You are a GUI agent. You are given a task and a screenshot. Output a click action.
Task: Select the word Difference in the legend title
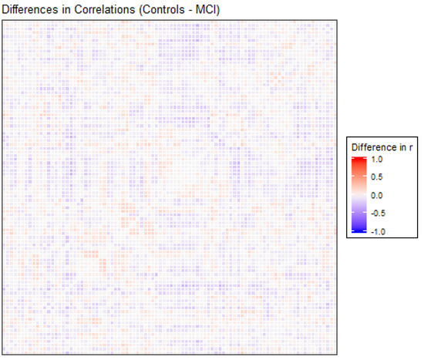click(x=374, y=146)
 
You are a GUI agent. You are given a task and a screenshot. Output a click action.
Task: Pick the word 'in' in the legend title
click(x=402, y=146)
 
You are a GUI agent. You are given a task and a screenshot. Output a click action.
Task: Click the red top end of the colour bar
click(x=358, y=160)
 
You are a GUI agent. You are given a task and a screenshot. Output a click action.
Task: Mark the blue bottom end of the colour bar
click(x=358, y=230)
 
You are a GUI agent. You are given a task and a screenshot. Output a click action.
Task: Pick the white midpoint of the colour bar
click(x=358, y=195)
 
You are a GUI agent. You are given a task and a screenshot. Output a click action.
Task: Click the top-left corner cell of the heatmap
click(x=6, y=24)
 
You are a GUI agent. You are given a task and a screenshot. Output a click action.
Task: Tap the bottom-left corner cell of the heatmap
click(x=6, y=350)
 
